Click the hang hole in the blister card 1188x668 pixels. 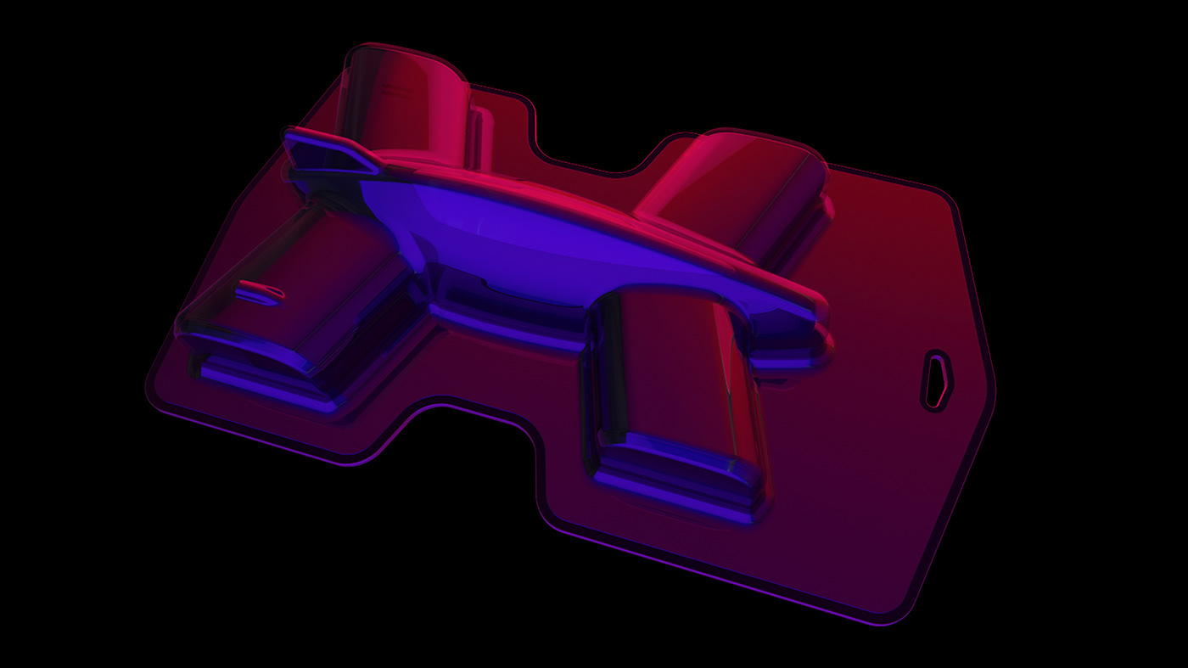(937, 380)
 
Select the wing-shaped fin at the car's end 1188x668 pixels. (327, 153)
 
